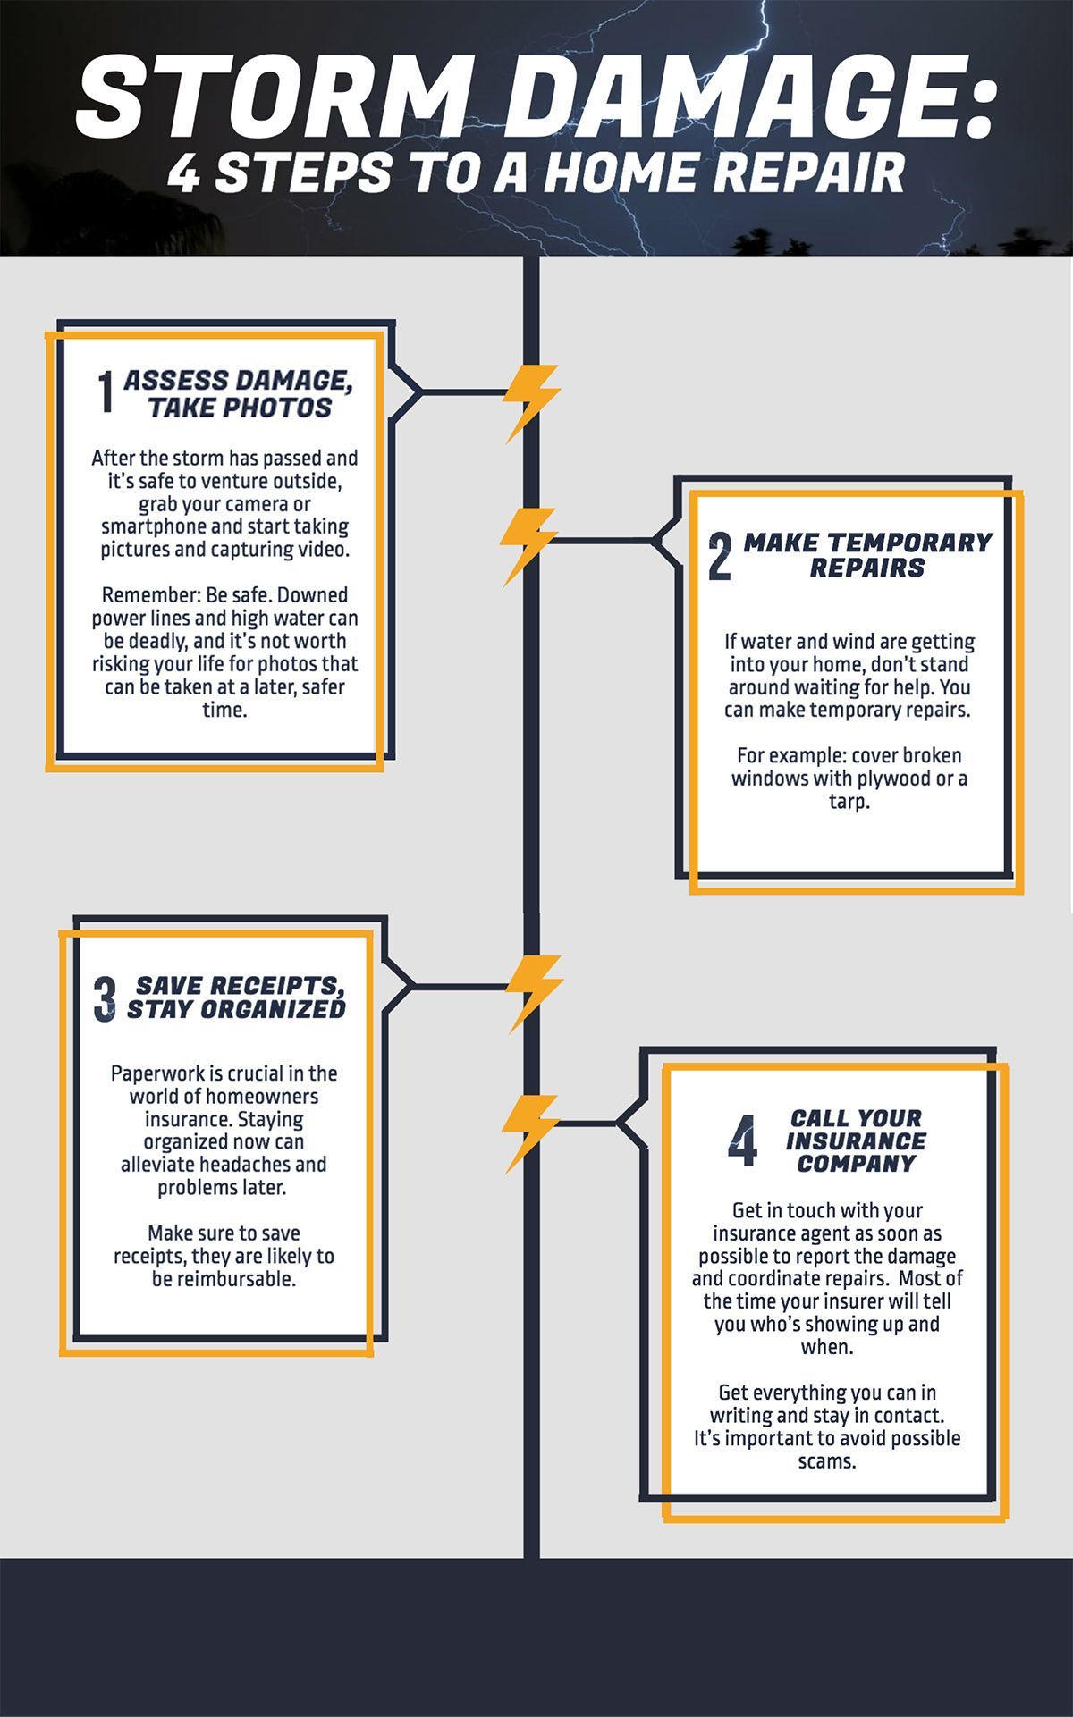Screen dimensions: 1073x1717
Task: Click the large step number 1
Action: [106, 392]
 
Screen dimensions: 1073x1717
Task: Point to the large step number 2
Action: [720, 556]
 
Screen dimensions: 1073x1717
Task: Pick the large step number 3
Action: [105, 999]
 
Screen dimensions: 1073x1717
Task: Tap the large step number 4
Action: [742, 1141]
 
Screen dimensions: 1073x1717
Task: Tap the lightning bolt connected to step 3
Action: [534, 993]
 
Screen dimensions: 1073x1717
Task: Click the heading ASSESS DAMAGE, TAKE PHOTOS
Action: [238, 393]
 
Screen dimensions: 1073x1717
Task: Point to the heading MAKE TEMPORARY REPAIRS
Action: [866, 555]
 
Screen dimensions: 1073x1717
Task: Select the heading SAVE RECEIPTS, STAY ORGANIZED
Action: [236, 997]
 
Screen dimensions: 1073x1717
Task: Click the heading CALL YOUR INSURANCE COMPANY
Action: [856, 1140]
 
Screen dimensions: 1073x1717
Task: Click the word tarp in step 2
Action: [849, 802]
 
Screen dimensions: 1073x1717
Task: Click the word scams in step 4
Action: [828, 1462]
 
